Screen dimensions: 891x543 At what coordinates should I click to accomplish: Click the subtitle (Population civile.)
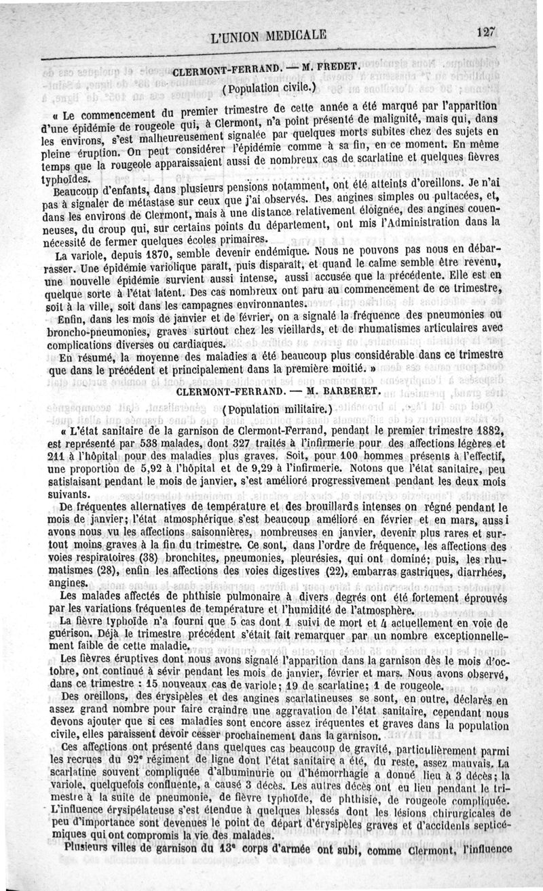269,87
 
